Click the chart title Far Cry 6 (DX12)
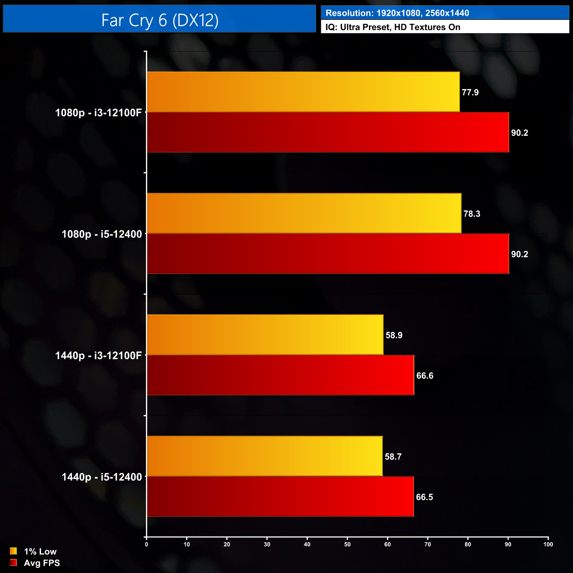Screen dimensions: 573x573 click(x=160, y=20)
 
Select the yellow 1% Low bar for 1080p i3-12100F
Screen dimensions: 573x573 click(x=303, y=92)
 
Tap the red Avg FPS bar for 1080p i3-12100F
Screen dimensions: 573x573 click(x=328, y=132)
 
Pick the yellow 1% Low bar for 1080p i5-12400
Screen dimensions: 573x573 click(x=304, y=213)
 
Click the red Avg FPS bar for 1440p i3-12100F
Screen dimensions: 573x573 click(x=280, y=375)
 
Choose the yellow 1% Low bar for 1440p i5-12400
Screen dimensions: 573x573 click(x=264, y=456)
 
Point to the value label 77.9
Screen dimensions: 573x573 click(x=470, y=93)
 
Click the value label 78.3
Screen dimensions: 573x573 click(x=472, y=214)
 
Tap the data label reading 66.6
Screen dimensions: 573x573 click(x=424, y=376)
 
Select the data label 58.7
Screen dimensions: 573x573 click(x=393, y=457)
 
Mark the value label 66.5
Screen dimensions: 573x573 click(x=424, y=497)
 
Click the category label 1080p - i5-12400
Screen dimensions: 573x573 click(x=102, y=234)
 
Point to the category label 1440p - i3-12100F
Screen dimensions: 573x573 click(x=98, y=356)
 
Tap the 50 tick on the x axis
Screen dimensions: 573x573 click(x=347, y=544)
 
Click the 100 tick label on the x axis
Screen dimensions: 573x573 click(x=548, y=544)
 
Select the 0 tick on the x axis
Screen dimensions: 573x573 click(x=147, y=544)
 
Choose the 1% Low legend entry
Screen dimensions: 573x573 click(x=40, y=551)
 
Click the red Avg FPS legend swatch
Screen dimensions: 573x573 click(x=13, y=563)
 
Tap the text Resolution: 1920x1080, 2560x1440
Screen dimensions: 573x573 click(x=397, y=13)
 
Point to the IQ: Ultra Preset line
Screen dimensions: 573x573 click(x=393, y=27)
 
